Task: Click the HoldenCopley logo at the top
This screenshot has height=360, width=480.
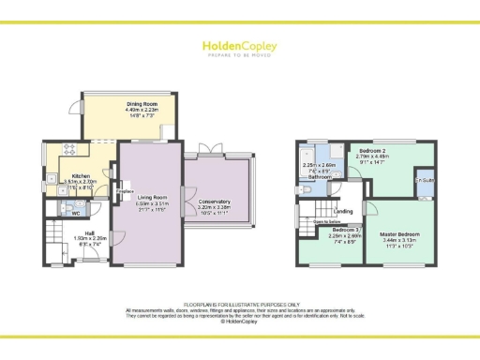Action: [x=239, y=46]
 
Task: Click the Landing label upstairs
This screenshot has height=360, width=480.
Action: [x=344, y=211]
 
